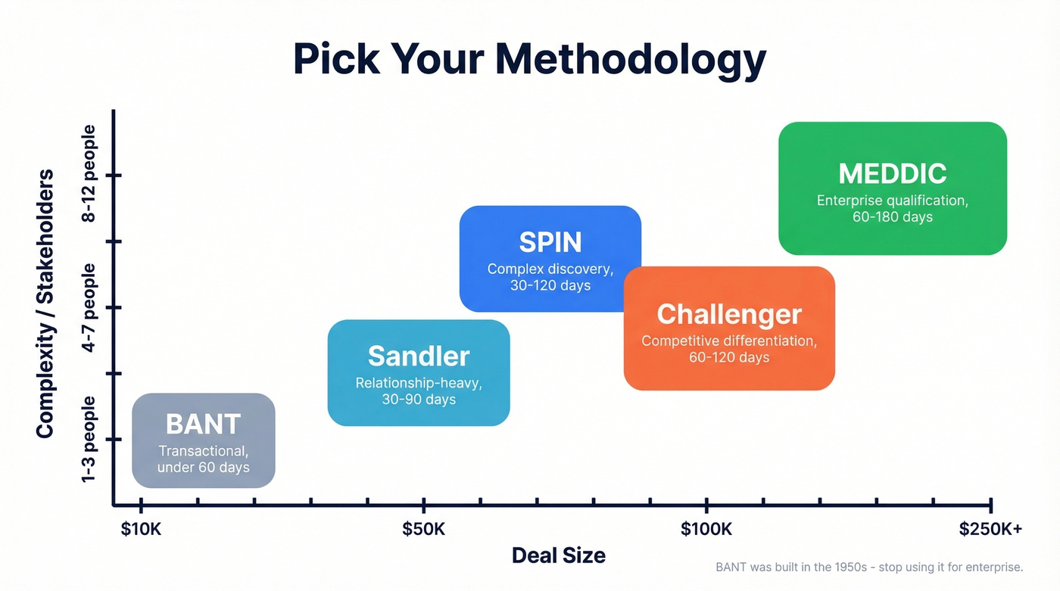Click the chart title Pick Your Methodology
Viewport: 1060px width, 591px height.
(x=529, y=60)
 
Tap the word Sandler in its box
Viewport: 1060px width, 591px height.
(x=419, y=356)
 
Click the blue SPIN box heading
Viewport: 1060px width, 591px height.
(x=550, y=242)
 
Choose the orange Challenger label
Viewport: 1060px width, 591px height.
(x=728, y=314)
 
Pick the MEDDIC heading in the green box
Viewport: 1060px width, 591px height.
(x=893, y=173)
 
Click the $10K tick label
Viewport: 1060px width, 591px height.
(x=141, y=529)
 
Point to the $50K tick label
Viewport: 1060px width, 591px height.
(x=424, y=529)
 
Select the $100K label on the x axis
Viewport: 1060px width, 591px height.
(x=706, y=529)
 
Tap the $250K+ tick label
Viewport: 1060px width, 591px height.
(x=990, y=529)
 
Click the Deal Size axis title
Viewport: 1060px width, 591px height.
(x=559, y=555)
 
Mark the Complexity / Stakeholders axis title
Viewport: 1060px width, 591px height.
(x=45, y=303)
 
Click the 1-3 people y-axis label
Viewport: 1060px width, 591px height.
(x=89, y=439)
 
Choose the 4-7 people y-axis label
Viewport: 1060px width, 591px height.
(x=89, y=307)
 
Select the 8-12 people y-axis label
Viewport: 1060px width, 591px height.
(x=89, y=174)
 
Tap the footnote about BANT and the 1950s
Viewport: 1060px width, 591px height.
(x=869, y=567)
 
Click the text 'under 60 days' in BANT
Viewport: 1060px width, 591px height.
(x=203, y=468)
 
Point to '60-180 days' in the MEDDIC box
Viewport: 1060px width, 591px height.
(x=893, y=217)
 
